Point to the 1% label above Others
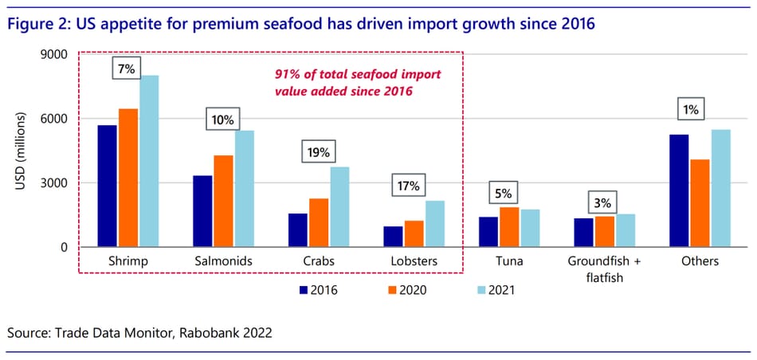coord(690,110)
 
